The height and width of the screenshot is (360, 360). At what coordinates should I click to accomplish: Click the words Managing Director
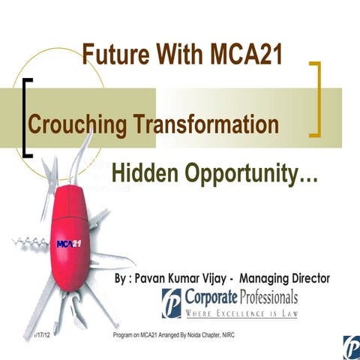pyautogui.click(x=289, y=278)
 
